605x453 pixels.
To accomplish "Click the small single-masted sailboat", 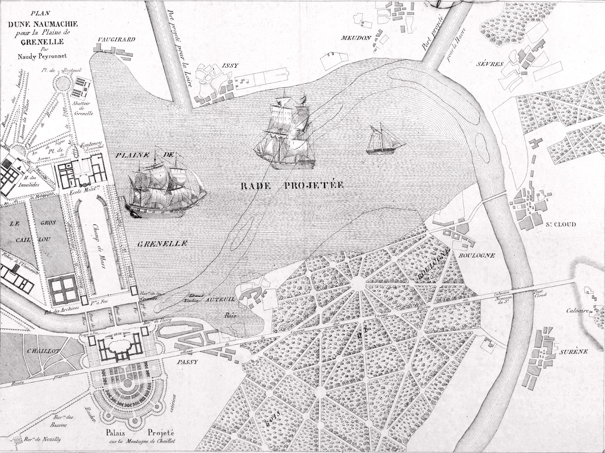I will [x=383, y=142].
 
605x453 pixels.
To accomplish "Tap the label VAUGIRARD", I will [x=117, y=40].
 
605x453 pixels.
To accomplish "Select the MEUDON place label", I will [x=356, y=38].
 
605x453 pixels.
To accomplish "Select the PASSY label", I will [x=187, y=362].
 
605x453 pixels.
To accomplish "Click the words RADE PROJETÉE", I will [x=292, y=186].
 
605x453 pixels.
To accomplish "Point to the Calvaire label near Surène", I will [x=577, y=311].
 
